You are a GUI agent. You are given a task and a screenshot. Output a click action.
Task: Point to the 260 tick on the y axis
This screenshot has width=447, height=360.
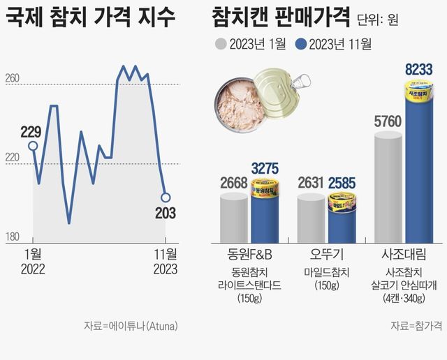12,79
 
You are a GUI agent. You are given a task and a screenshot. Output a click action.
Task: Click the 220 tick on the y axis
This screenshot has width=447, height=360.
12,158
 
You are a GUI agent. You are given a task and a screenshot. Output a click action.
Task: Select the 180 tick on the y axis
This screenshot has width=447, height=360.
12,237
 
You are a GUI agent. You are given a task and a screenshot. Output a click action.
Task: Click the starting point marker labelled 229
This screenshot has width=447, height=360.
32,146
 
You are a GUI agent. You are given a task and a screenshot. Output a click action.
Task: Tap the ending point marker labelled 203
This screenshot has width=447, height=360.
166,197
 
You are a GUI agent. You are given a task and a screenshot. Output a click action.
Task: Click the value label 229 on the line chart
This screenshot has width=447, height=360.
31,131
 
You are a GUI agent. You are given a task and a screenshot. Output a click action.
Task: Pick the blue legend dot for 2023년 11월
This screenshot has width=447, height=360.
302,45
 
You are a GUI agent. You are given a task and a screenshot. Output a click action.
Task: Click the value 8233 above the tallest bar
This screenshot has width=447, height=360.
419,69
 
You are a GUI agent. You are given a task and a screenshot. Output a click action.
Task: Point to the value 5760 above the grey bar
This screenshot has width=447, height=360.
388,123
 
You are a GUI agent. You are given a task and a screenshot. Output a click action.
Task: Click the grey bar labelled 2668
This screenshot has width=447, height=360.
234,218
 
